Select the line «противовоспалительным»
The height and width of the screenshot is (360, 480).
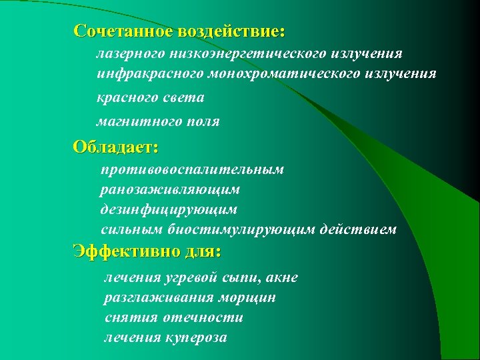point(193,170)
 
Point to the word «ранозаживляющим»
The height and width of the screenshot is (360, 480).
point(170,190)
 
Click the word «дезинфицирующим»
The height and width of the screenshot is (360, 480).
point(169,210)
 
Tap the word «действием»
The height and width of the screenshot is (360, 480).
point(359,230)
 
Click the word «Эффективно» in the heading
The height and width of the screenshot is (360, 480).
point(127,252)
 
